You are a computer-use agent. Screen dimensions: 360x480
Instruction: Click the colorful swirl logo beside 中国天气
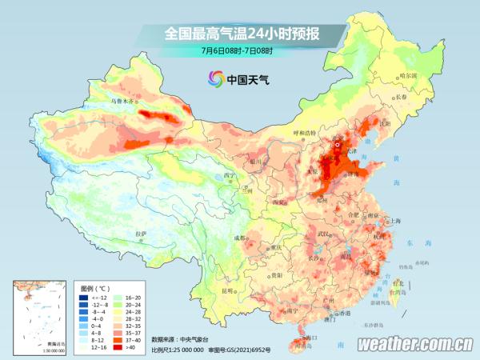click(x=215, y=78)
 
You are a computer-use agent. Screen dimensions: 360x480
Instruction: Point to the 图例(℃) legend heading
click(x=95, y=286)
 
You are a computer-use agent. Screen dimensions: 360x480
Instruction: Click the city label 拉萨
click(x=142, y=233)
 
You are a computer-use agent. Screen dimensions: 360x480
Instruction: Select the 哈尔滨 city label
click(x=409, y=74)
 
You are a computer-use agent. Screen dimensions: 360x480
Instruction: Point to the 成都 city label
click(x=242, y=238)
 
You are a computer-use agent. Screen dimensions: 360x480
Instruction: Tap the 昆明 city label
click(x=230, y=290)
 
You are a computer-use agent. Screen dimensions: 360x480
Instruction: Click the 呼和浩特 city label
click(x=303, y=132)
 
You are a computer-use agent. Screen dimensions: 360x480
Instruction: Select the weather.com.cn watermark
click(x=414, y=344)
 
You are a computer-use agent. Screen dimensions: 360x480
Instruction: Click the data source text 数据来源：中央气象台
click(x=184, y=339)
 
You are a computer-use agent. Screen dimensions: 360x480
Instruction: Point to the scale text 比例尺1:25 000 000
click(x=178, y=350)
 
